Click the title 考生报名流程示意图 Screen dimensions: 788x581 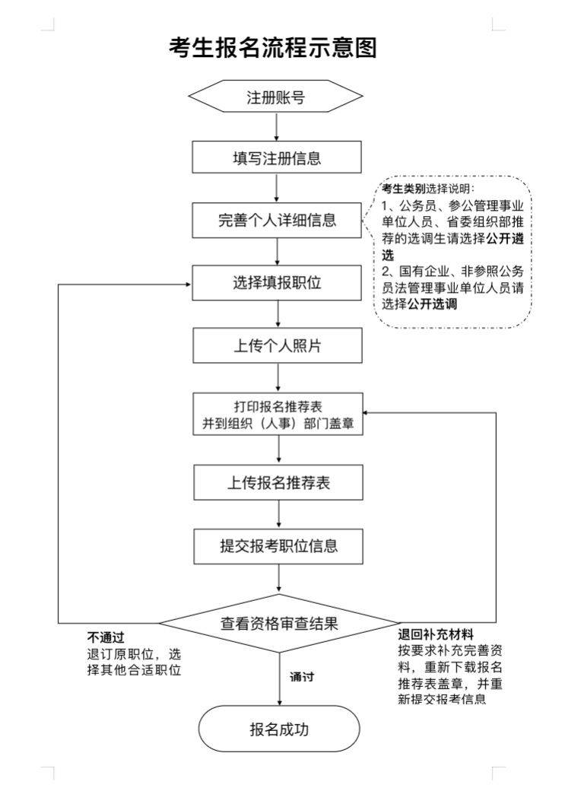click(273, 48)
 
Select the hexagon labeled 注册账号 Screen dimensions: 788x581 click(276, 97)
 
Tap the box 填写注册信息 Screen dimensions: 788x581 click(276, 159)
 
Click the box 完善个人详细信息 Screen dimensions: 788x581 click(276, 221)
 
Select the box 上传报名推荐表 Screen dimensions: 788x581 click(276, 484)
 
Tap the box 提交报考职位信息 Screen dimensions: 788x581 click(276, 546)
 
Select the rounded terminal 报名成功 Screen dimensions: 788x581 click(279, 729)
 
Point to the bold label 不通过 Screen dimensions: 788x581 click(106, 637)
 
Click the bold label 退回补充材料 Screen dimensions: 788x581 click(436, 634)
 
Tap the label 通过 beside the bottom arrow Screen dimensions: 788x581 click(302, 677)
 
